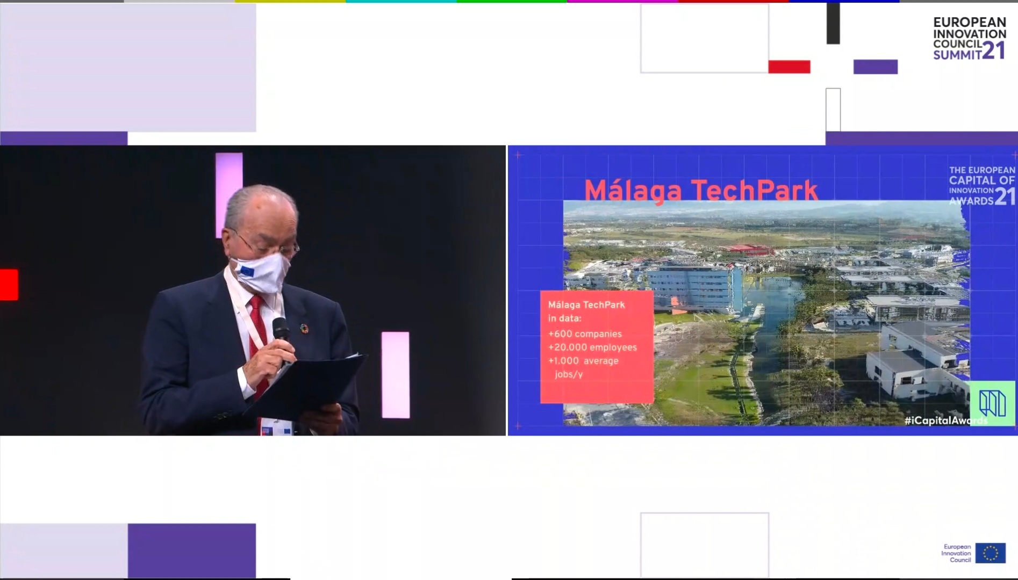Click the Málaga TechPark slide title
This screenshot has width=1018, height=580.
tap(701, 191)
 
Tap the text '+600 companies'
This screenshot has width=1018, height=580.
tap(585, 334)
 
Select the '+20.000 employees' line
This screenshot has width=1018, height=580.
tap(592, 347)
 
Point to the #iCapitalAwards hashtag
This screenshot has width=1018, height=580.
tap(946, 421)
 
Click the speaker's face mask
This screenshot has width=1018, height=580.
tap(261, 272)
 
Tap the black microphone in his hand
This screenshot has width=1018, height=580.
tap(281, 330)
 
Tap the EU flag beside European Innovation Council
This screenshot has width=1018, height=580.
tap(990, 553)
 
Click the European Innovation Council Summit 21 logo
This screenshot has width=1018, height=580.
tap(970, 38)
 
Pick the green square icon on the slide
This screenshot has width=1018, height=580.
tap(992, 403)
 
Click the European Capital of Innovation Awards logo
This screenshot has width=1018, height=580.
tap(982, 186)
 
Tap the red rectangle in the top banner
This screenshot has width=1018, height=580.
tap(789, 67)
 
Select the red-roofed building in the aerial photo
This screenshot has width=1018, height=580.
tap(748, 250)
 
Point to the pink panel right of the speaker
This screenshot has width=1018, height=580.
tap(396, 375)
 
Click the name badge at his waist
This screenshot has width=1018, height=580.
tap(276, 427)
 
